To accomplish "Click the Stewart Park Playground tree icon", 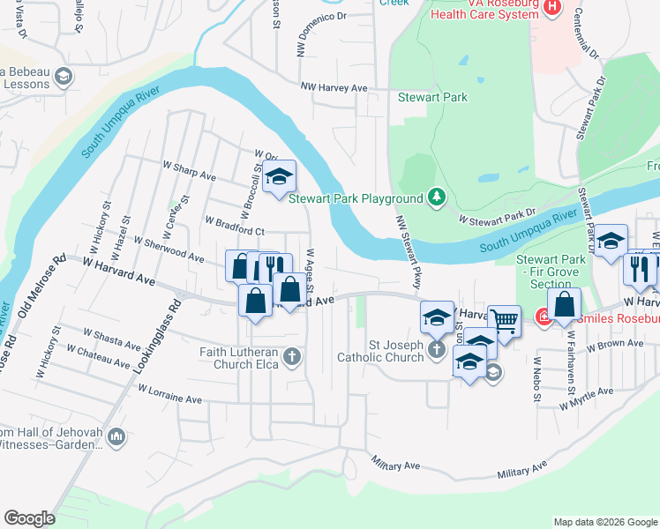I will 435,196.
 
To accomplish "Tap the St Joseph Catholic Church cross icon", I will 436,350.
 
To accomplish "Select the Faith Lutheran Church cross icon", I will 292,357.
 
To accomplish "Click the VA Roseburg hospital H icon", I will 552,7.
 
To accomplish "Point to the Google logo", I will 29,518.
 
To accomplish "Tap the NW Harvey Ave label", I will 334,87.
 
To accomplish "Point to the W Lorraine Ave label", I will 170,393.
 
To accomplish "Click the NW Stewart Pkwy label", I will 407,253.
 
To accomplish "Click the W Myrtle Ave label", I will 586,399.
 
